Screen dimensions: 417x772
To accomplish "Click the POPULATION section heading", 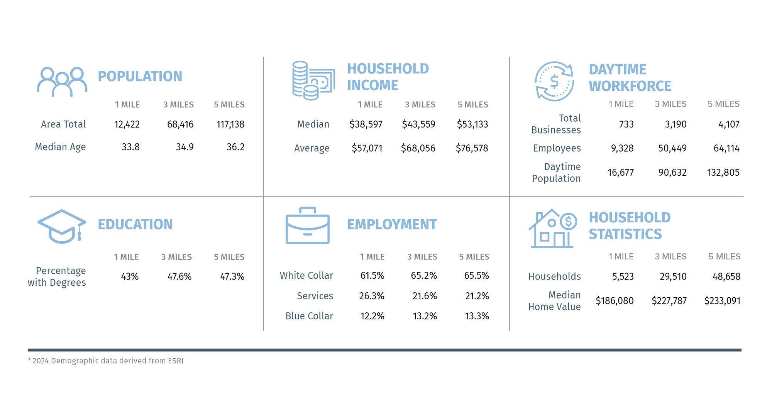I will pos(140,76).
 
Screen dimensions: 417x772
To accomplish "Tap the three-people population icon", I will pos(62,82).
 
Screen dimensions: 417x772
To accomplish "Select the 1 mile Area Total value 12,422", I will pos(127,124).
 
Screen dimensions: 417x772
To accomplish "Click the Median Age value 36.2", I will pos(235,147).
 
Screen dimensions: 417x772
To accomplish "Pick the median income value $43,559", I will pos(418,124).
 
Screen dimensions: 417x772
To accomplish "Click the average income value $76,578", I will pos(472,148).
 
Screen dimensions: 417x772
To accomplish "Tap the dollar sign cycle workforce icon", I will pos(554,81).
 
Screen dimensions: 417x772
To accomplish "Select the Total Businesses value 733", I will pos(626,124).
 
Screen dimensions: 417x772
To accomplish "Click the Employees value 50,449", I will pos(672,148).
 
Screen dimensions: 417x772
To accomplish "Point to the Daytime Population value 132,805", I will pos(723,173).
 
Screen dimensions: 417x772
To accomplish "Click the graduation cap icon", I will pos(62,226).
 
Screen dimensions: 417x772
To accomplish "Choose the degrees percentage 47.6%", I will pos(179,277).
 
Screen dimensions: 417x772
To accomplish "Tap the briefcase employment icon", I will pos(307,226).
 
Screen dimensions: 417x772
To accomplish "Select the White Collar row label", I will pos(306,276).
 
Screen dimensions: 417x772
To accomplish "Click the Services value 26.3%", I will pos(371,296).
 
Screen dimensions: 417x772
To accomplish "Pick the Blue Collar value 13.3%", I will pos(477,316).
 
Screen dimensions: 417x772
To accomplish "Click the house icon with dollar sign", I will pos(552,229).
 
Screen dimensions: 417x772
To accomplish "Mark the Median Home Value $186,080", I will pos(615,301).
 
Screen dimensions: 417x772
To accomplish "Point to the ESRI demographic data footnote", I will pos(105,361).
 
